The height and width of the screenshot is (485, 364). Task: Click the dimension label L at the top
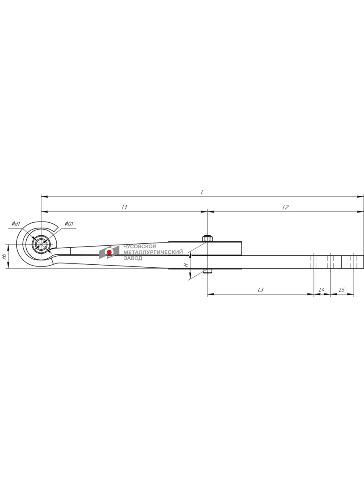202,192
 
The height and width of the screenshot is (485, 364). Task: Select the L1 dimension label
125,207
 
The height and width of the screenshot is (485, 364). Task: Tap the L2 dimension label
286,207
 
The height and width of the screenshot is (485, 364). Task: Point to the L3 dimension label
260,290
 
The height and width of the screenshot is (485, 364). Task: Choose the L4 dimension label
322,290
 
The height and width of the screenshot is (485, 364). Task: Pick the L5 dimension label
342,290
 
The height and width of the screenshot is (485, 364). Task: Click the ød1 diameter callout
16,224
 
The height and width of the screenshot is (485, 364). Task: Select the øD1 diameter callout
69,224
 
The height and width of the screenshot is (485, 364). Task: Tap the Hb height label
4,257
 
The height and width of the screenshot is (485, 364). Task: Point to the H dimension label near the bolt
186,265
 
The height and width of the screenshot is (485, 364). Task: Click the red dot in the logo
109,252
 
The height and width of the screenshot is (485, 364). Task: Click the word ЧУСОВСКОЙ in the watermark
140,246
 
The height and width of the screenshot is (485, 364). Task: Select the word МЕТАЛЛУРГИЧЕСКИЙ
153,252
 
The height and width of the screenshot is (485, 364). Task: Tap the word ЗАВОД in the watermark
133,258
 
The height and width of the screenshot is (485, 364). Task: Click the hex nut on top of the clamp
207,238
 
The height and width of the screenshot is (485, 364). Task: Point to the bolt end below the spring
207,271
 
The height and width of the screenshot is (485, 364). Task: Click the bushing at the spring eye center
41,244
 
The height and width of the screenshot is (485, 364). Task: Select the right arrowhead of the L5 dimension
351,294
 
